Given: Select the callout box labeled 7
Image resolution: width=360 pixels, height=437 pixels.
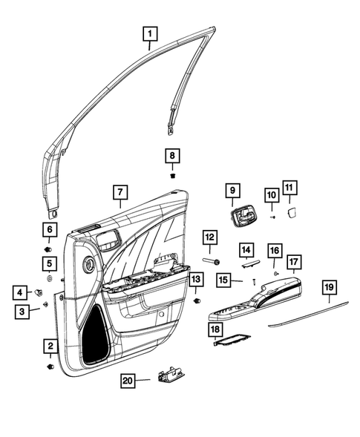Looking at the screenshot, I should tap(119, 192).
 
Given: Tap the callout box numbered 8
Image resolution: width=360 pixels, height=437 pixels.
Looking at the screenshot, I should tap(171, 157).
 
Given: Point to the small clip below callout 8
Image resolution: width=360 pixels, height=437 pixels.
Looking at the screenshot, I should tap(171, 177).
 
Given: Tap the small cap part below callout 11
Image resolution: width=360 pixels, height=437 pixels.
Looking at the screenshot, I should tap(291, 211).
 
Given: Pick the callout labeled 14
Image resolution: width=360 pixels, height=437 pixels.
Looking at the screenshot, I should tap(246, 251).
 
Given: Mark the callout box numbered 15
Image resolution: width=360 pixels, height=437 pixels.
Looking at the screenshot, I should tap(225, 280).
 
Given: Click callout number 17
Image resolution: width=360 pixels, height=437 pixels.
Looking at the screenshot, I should tap(294, 262).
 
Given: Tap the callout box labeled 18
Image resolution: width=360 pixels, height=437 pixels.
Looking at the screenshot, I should tap(215, 328).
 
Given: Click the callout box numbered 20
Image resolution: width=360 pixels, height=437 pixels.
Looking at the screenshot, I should tap(129, 381).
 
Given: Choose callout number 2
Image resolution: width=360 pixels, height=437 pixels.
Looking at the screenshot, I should tap(50, 345).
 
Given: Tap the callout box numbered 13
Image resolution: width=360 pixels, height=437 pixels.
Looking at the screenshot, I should tap(195, 280).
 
